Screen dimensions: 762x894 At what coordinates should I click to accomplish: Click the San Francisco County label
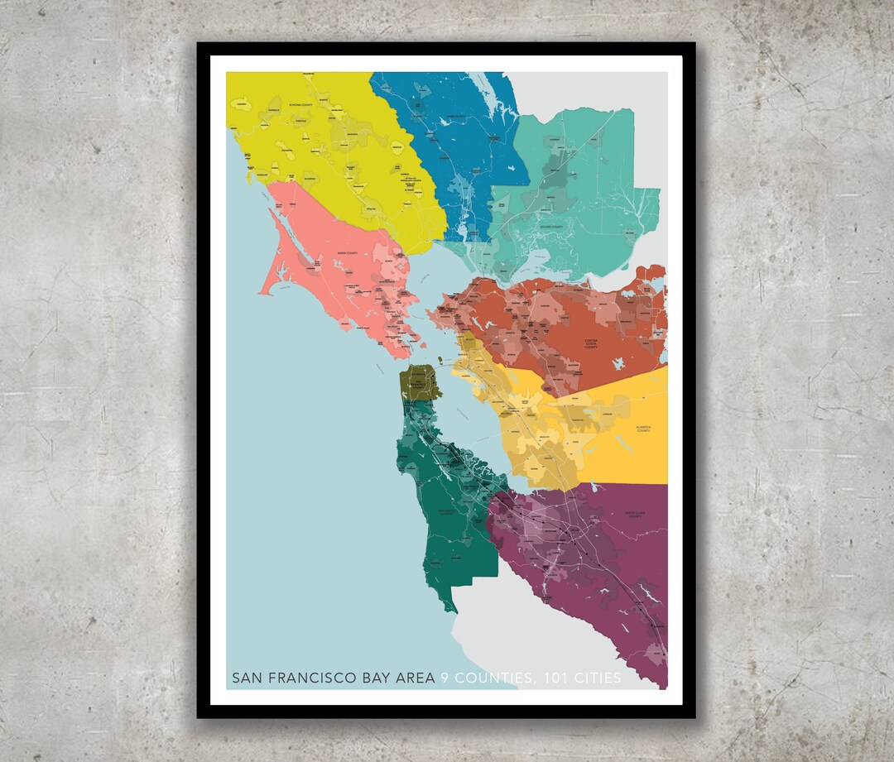click(419, 383)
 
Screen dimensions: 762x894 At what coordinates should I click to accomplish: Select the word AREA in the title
click(416, 678)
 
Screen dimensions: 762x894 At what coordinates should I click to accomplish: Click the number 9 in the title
click(445, 678)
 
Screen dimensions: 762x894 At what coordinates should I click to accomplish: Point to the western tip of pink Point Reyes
click(261, 292)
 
